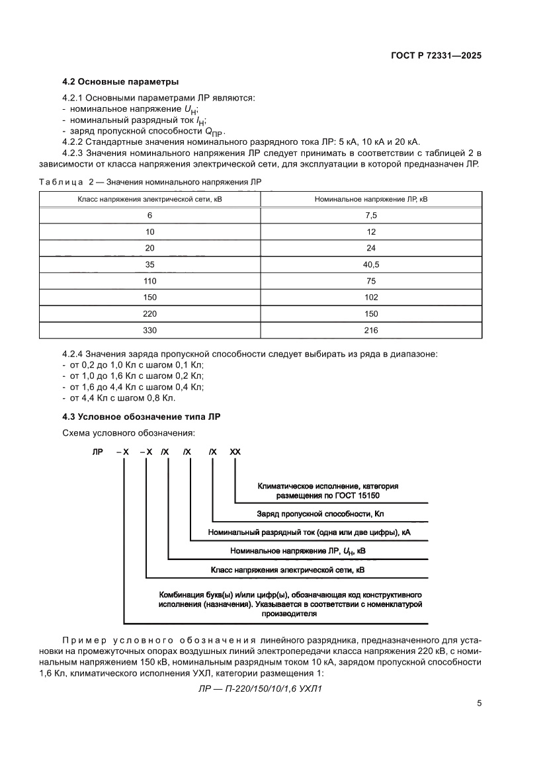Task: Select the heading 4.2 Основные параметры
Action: tap(120, 82)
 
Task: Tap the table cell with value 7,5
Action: tap(370, 216)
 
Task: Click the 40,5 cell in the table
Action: tap(370, 264)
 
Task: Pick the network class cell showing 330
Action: tap(150, 330)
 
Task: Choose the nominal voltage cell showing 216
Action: tap(370, 330)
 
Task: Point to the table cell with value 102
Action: tap(370, 298)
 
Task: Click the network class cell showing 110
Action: tap(150, 281)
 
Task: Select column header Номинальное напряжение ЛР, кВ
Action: tap(370, 198)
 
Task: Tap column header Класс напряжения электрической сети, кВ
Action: tap(150, 198)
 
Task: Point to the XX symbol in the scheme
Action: tap(235, 452)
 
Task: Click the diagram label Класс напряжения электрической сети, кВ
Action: tap(287, 569)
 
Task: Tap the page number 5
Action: tap(479, 704)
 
